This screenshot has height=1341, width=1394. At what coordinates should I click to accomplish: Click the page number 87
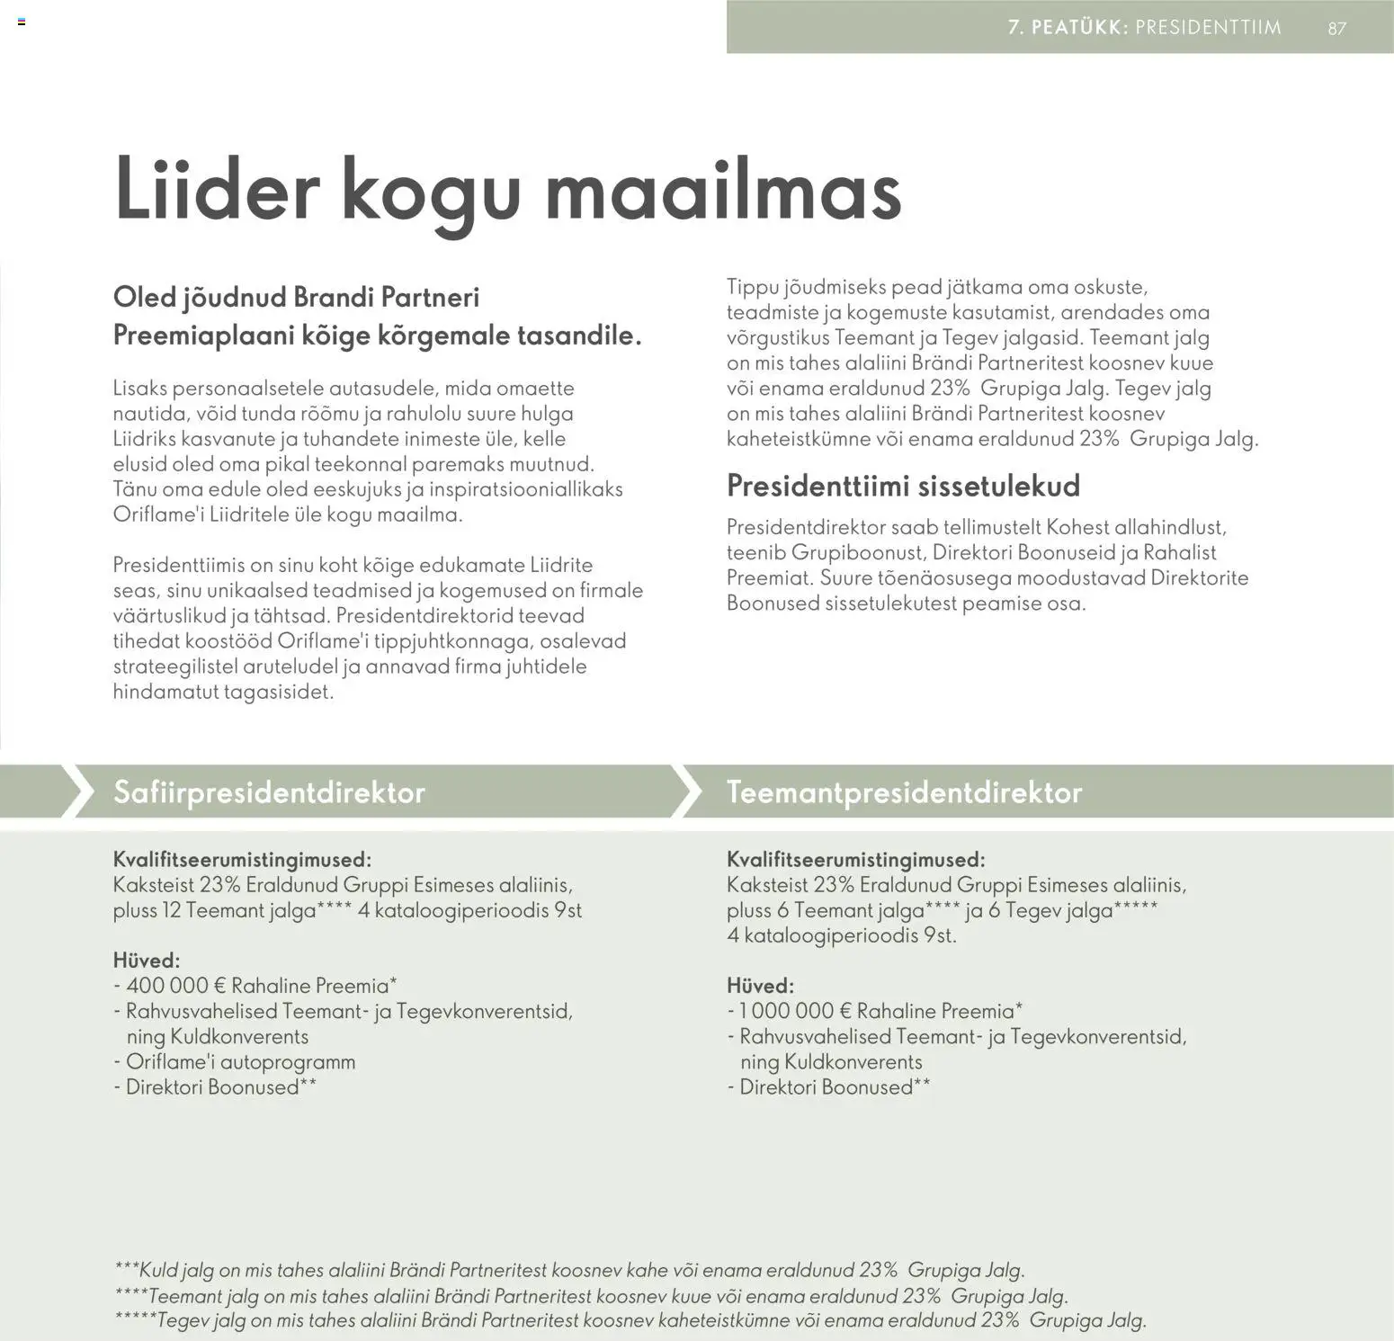click(1336, 28)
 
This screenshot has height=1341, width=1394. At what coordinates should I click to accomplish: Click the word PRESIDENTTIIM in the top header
click(1208, 27)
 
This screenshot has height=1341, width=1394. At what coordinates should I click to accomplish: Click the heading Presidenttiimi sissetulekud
click(903, 486)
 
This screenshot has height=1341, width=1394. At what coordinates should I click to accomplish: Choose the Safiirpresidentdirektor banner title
click(269, 792)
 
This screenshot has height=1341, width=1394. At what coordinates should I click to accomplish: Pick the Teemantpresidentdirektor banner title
click(904, 792)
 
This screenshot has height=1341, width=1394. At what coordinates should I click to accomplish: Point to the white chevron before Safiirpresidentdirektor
click(77, 791)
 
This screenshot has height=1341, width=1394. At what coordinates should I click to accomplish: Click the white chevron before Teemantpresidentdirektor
click(687, 791)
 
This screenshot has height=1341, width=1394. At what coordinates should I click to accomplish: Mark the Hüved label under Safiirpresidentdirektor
click(147, 961)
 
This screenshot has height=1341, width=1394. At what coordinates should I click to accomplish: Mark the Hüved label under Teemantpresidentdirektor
click(760, 986)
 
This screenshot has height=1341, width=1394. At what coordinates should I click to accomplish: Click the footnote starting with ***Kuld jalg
click(569, 1270)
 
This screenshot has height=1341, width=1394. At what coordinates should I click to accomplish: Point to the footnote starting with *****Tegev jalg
click(630, 1320)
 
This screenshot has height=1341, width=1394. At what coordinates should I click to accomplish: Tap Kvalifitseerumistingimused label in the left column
click(242, 860)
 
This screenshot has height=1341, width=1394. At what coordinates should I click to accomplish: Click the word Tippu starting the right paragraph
click(752, 288)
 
